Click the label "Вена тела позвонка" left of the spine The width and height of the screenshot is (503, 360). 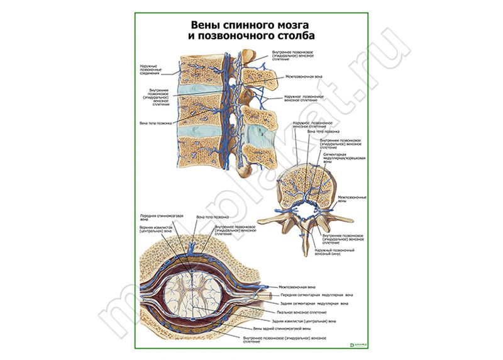155,123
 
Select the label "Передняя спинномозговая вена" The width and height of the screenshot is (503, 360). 161,217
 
